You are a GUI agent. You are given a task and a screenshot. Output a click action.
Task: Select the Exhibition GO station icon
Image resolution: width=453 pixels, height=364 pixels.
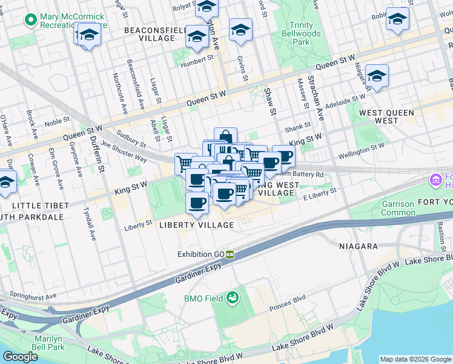[x=230, y=254]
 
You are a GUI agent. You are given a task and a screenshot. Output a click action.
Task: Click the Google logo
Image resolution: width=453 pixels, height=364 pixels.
[x=20, y=357]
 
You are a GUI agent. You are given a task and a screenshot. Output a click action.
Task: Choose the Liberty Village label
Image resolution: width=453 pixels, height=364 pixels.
[x=196, y=225]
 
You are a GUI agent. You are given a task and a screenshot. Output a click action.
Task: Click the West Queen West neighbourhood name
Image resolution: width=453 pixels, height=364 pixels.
[x=386, y=116]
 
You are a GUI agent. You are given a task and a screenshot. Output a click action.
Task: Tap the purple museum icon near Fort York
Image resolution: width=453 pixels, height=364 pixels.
[x=435, y=180]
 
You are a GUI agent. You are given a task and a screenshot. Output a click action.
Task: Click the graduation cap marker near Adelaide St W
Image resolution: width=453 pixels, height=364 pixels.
[x=376, y=76]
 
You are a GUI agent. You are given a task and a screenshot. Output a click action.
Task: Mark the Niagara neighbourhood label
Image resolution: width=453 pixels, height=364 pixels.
[x=359, y=246]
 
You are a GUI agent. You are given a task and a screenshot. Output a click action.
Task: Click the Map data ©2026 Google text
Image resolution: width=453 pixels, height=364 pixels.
[x=415, y=359]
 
